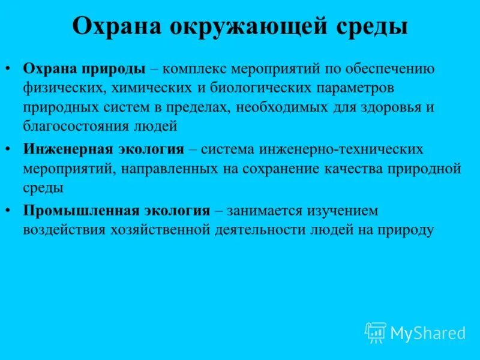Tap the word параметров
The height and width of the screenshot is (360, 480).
pyautogui.click(x=353, y=88)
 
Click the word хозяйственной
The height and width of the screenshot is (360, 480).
pyautogui.click(x=160, y=230)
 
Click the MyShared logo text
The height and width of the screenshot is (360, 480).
pyautogui.click(x=428, y=333)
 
